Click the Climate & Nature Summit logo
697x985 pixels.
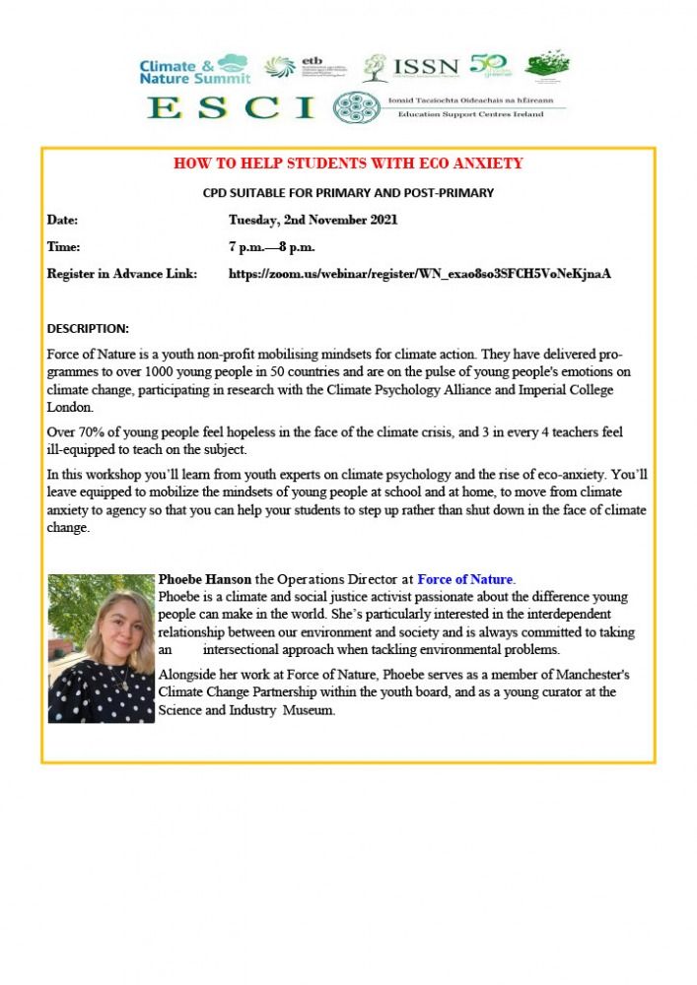tap(193, 68)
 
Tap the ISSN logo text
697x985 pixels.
tap(426, 67)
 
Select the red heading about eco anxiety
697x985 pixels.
tap(348, 163)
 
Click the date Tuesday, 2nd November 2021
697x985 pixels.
tap(314, 220)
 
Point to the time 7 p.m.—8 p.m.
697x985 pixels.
tap(271, 246)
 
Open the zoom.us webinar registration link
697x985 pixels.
tap(420, 273)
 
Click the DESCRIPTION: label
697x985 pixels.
tap(88, 328)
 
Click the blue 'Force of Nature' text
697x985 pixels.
tap(465, 579)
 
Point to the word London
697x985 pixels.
tap(70, 407)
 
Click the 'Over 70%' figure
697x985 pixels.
tap(75, 432)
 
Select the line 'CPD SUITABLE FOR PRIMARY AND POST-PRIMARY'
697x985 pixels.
tap(348, 193)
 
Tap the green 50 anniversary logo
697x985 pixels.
tap(490, 65)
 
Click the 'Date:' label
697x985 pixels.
tap(62, 220)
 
